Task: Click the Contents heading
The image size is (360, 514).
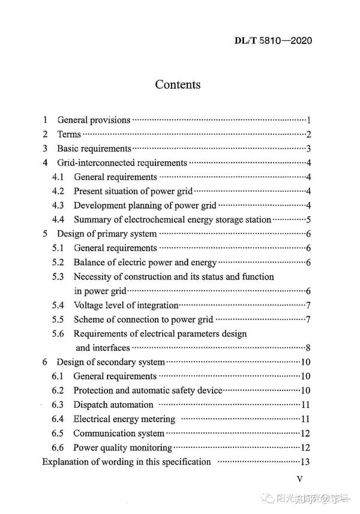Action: coord(178,85)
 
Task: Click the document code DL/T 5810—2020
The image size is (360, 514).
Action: coord(273,41)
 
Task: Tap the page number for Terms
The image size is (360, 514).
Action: coord(308,134)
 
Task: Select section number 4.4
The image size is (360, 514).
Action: coord(58,220)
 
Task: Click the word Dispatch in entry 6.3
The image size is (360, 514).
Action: coord(91,405)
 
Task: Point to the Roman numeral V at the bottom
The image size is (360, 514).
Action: coord(301,480)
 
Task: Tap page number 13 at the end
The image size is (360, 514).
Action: coord(305,462)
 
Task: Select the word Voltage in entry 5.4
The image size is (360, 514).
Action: coord(90,305)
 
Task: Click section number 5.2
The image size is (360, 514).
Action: coord(58,262)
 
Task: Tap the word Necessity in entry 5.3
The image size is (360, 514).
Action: coord(93,276)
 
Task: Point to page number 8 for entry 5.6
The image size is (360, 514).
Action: coord(308,348)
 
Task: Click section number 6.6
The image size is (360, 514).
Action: coord(58,447)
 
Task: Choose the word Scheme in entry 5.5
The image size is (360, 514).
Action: coord(89,319)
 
